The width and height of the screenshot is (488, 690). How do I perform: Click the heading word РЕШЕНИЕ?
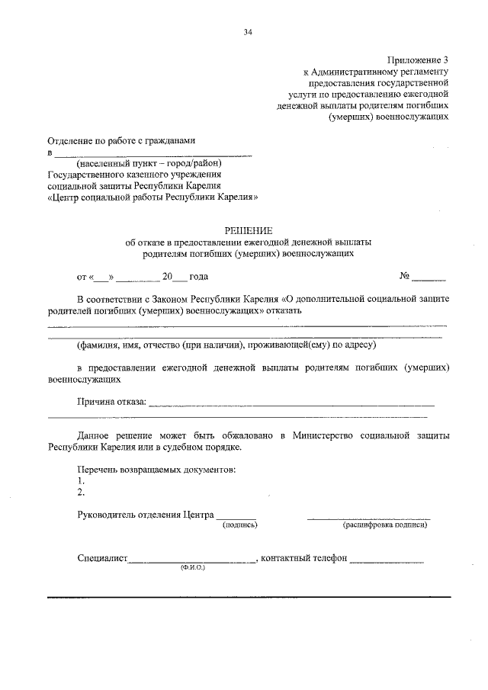pos(247,229)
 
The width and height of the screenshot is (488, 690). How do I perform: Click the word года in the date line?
pos(198,277)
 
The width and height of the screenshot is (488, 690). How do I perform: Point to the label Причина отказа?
pos(111,403)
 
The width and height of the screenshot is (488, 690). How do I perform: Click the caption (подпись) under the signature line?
pos(239,525)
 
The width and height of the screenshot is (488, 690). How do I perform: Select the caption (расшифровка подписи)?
pos(385,525)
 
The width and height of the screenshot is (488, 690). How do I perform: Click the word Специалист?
pos(102,558)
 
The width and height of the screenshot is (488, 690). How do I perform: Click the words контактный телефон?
pos(304,558)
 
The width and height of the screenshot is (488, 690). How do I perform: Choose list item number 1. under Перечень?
pos(81,480)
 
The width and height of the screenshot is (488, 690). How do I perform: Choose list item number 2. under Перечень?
pos(81,492)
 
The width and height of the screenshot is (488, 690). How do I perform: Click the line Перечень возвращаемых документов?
pos(156,469)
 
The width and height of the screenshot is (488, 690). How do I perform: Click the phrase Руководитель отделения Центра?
pos(146,514)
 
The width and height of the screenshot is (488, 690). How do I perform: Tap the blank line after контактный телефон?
pos(387,560)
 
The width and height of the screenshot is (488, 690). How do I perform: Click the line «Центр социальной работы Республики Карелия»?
pos(152,196)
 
